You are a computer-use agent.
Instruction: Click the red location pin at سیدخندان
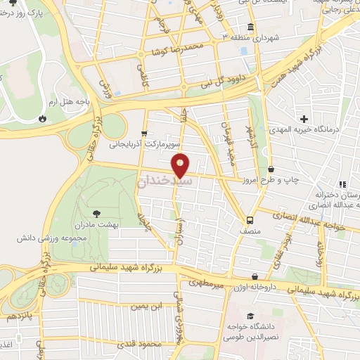pos(181,165)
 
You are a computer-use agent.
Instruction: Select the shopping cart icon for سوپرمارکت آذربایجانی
pos(144,132)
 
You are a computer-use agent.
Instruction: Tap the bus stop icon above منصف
pos(247,217)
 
